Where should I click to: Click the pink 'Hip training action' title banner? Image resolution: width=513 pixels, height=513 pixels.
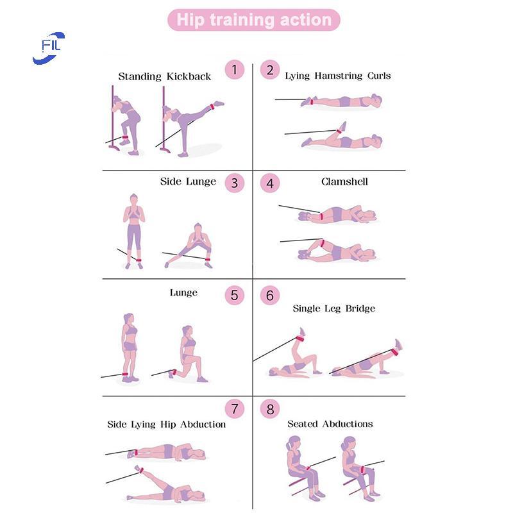tap(254, 20)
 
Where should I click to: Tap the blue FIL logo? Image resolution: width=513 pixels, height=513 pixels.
tap(49, 48)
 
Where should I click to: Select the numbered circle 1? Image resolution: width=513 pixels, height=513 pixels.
tap(235, 69)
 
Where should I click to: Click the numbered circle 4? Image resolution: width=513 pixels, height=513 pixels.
tap(270, 183)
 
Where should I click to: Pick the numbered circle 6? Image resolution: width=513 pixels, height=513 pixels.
tap(270, 296)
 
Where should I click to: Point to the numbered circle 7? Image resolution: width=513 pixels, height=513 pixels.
tap(235, 408)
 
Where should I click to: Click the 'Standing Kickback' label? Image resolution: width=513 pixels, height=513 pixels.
tap(165, 76)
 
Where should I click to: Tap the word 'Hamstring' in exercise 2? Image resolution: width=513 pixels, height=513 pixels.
tap(339, 76)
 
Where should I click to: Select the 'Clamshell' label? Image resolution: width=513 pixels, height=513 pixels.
tap(344, 181)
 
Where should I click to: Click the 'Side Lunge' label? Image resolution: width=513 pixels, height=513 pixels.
tap(188, 181)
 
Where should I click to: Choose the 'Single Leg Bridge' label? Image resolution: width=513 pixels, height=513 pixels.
tap(334, 308)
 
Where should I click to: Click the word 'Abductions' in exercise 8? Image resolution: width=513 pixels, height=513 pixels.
tap(348, 424)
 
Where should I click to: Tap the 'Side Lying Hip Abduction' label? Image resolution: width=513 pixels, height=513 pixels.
tap(167, 425)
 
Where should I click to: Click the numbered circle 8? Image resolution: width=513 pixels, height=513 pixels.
tap(270, 408)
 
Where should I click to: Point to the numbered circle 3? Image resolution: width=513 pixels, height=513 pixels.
tap(235, 183)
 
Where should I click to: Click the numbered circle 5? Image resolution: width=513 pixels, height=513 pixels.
tap(235, 296)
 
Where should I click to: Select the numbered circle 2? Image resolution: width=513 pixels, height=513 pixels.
tap(270, 69)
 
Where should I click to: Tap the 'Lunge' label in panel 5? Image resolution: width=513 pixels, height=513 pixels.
tap(183, 293)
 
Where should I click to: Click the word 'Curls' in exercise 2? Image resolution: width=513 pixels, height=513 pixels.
tap(379, 76)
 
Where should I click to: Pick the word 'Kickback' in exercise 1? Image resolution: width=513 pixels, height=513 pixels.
tap(189, 76)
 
